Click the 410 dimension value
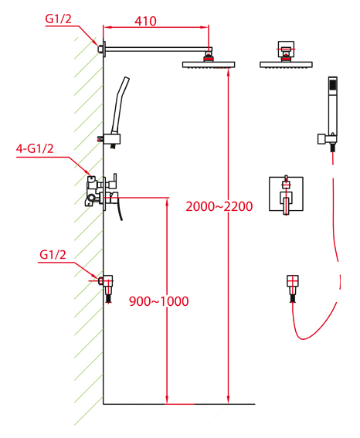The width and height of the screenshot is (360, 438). point(145,21)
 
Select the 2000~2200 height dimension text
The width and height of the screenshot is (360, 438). point(219,206)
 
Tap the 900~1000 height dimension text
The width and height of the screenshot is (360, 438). point(158,301)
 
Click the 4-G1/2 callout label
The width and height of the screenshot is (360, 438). point(35,148)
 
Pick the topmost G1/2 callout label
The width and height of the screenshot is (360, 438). point(59,19)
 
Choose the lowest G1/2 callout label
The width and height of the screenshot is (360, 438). point(53,255)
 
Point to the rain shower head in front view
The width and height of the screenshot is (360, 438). point(286,65)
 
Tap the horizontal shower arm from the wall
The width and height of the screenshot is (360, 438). point(158,49)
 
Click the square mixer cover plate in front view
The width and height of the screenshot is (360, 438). point(286,194)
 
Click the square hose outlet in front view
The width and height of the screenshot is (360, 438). point(293,281)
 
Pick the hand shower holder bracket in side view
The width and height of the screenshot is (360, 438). point(112,139)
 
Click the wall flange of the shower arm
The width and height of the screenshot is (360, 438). point(104,49)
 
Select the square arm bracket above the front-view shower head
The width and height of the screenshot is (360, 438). point(286,49)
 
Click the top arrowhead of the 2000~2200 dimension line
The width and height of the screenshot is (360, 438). point(228,72)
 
